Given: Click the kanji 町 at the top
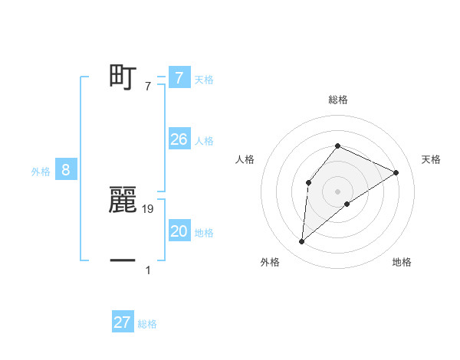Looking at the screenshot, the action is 123,77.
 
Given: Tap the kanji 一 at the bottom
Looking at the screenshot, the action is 123,260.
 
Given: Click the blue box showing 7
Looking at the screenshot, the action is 179,78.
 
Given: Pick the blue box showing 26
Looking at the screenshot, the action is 179,139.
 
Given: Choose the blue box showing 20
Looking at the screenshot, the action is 179,231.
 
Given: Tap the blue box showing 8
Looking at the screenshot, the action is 66,170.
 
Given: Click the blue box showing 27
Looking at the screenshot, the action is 123,322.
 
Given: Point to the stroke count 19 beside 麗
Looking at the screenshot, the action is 148,208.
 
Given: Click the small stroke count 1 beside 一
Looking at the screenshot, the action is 148,270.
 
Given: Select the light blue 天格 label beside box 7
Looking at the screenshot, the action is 204,80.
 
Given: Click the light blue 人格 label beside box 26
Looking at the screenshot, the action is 204,141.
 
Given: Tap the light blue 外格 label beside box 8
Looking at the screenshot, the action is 41,172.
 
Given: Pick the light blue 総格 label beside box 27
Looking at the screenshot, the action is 147,324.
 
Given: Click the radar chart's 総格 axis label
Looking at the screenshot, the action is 337,100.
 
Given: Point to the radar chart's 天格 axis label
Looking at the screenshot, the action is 431,159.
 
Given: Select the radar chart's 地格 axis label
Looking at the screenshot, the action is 402,263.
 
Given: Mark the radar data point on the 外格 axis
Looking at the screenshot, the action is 302,242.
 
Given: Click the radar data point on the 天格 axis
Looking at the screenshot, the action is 396,172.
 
